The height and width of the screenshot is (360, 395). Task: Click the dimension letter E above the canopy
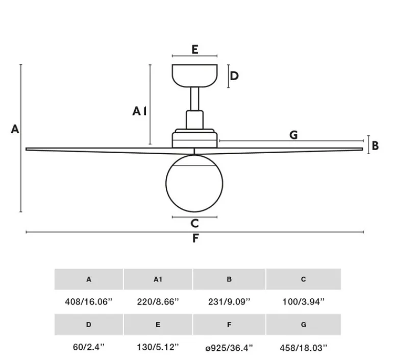195,50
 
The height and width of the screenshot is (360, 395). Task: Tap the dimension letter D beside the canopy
234,76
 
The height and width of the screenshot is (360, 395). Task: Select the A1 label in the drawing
139,111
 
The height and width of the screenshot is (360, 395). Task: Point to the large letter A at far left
15,129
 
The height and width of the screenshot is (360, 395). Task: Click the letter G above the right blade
293,135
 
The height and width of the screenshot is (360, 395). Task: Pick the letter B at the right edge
375,146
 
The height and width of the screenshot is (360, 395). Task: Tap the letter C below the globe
194,223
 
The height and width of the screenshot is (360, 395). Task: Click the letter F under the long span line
195,238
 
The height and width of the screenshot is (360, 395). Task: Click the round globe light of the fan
194,183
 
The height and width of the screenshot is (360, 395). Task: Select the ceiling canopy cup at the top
195,76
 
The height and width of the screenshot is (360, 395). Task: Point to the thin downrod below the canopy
195,99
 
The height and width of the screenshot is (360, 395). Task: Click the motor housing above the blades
195,138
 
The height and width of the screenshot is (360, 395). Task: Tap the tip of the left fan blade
26,149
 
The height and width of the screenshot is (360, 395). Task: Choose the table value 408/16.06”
89,301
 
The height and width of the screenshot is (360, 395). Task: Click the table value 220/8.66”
158,301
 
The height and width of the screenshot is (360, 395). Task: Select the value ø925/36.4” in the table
229,348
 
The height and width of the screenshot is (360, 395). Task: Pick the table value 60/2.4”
89,347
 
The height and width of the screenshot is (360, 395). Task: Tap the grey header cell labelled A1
158,279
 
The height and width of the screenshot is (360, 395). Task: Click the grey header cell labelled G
304,324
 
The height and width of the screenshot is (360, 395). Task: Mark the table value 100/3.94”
304,301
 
